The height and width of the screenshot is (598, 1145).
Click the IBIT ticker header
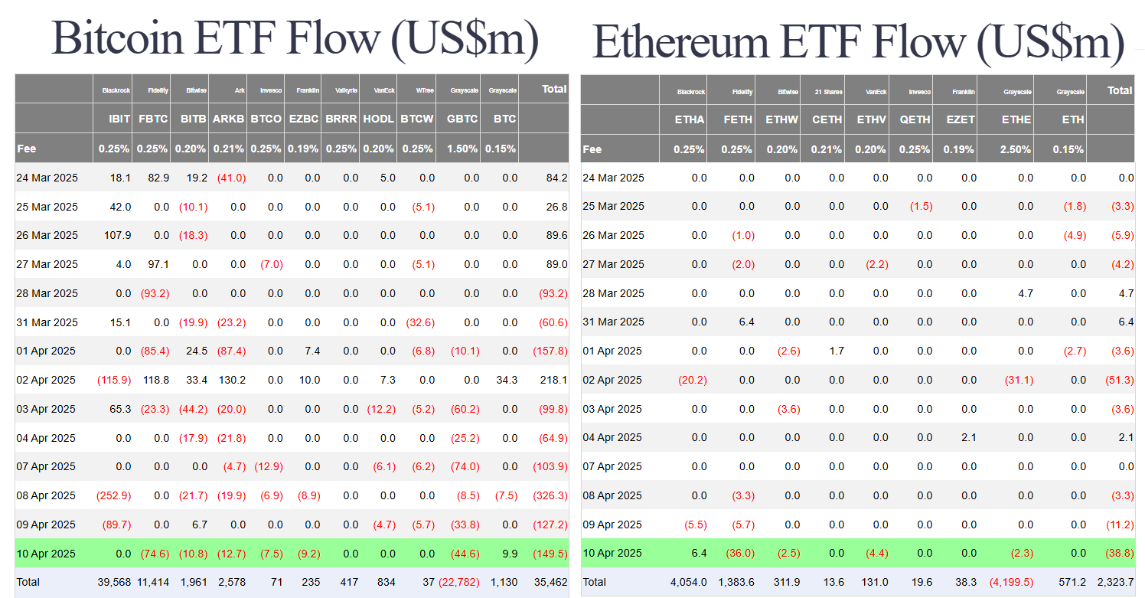coord(120,119)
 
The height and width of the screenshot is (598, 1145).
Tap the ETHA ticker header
coord(689,119)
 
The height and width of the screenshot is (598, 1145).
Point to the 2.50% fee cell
coord(1016,149)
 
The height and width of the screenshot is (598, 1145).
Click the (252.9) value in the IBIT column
coord(113,495)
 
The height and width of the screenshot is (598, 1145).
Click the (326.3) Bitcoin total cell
coord(550,495)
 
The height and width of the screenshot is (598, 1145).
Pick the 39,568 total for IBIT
coord(114,582)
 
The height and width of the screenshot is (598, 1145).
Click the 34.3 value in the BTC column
coord(507,380)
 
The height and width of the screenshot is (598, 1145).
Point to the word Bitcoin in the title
coord(119,38)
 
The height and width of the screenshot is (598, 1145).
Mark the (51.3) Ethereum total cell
coord(1117,380)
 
